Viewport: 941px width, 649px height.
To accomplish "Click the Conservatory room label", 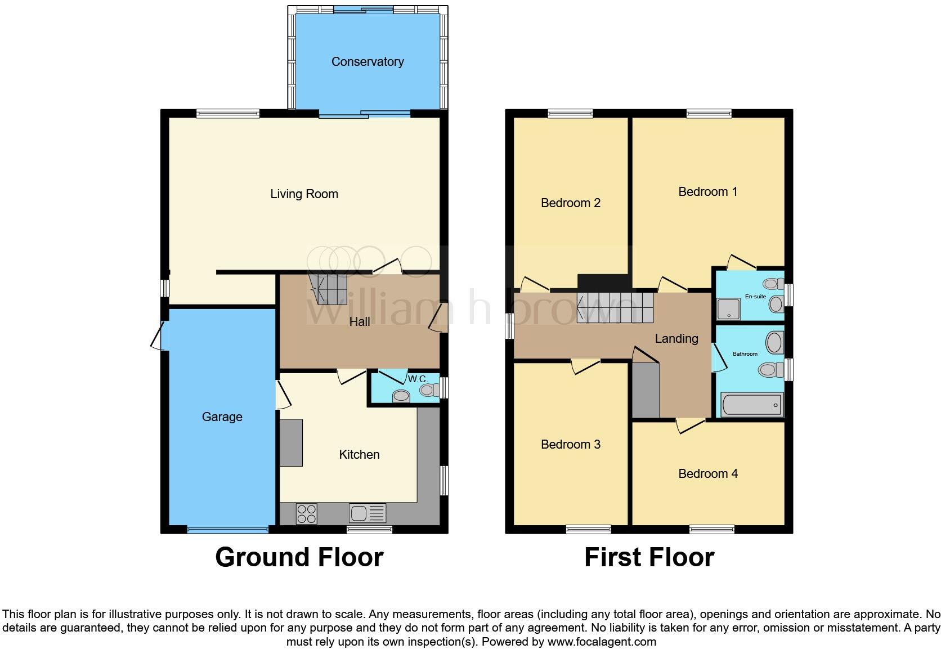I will pos(367,62).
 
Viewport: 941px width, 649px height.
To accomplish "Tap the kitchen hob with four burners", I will pos(306,513).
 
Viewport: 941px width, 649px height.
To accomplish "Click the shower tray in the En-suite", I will pos(729,308).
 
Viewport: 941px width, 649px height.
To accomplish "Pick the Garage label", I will pos(222,417).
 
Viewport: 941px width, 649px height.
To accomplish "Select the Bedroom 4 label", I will pos(707,474).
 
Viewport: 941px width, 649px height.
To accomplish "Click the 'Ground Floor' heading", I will pos(299,557).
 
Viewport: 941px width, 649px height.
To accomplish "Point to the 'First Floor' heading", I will pos(649,557).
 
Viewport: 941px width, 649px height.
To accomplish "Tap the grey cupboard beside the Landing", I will pos(646,390).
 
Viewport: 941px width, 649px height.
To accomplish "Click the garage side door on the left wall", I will pos(159,336).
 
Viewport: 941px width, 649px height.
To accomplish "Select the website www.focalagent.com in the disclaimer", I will pos(602,642).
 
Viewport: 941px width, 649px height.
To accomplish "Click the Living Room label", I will pos(304,194).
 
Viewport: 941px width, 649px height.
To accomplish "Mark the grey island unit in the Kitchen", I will pos(291,442).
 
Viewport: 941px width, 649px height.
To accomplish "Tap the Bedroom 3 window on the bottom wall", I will pos(588,529).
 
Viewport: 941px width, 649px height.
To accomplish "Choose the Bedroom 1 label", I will pos(707,192).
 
